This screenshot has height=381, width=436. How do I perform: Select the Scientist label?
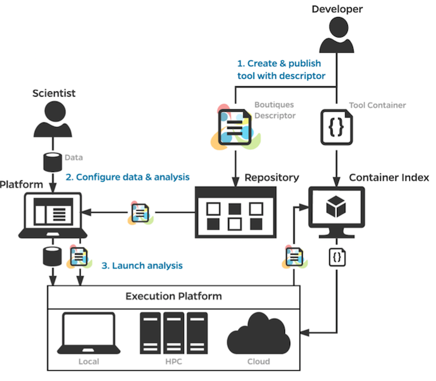[54, 93]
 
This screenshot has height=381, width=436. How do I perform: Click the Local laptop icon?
[89, 333]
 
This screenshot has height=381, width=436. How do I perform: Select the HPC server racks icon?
[173, 333]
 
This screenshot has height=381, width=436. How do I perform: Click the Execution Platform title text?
[173, 296]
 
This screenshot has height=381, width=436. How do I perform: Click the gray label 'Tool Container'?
[378, 105]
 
